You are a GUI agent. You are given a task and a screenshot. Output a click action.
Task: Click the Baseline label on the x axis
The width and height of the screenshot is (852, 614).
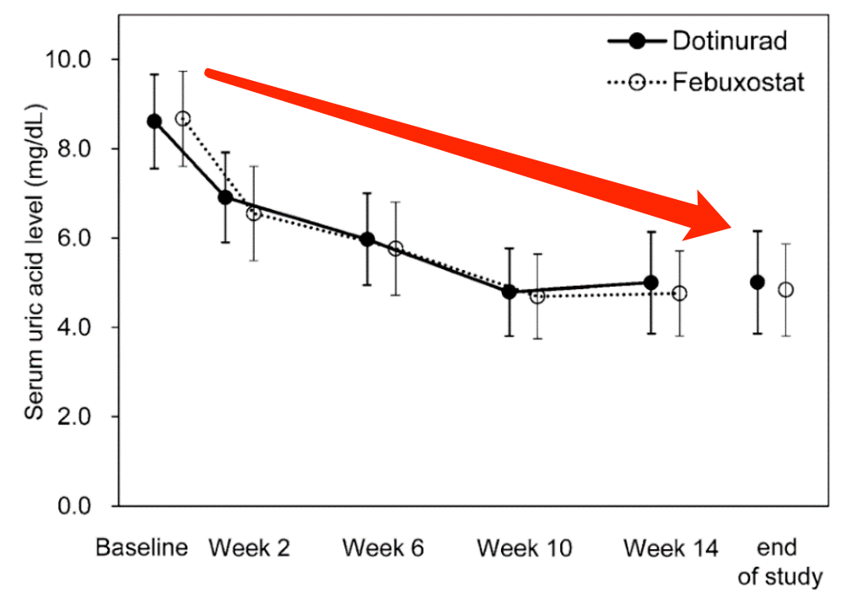pyautogui.click(x=141, y=548)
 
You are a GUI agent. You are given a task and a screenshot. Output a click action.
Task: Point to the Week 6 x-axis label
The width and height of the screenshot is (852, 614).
pyautogui.click(x=383, y=548)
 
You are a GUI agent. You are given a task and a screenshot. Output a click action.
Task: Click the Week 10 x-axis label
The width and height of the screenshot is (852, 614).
pyautogui.click(x=524, y=548)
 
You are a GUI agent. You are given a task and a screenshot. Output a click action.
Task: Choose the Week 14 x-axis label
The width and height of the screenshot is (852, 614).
pyautogui.click(x=671, y=548)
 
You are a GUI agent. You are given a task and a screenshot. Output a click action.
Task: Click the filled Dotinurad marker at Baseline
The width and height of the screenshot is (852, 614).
pyautogui.click(x=154, y=121)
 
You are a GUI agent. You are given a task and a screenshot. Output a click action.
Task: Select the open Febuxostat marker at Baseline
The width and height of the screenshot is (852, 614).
pyautogui.click(x=183, y=119)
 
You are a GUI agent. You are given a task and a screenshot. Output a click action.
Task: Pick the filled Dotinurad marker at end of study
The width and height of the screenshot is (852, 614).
pyautogui.click(x=758, y=283)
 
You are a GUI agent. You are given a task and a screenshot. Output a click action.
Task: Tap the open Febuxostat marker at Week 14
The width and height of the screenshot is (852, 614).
pyautogui.click(x=679, y=294)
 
